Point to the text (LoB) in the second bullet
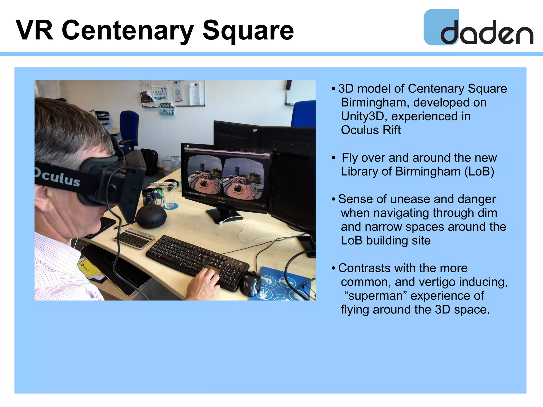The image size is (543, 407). [479, 172]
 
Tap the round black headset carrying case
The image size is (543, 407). [151, 216]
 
